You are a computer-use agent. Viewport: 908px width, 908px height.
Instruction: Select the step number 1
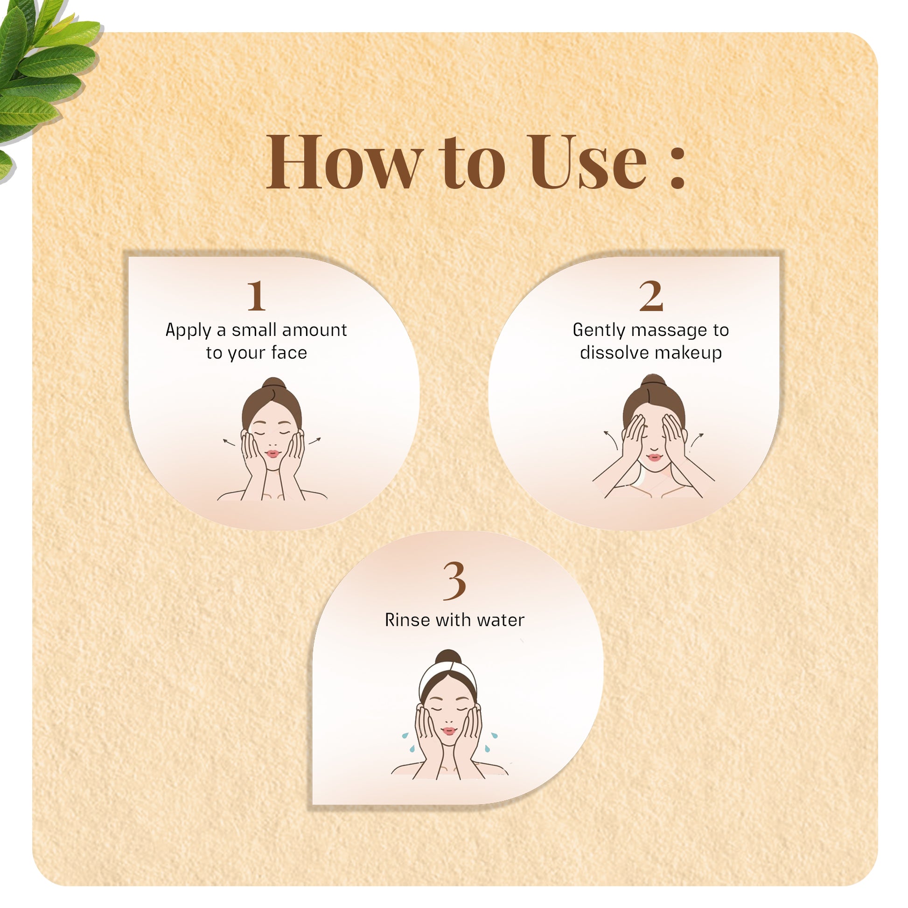click(257, 296)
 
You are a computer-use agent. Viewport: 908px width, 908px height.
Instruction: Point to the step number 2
click(651, 296)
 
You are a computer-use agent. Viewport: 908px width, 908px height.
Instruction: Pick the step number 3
click(454, 581)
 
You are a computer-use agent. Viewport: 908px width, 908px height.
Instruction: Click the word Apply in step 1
click(188, 330)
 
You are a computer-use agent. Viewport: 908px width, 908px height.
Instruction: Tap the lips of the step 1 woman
click(272, 454)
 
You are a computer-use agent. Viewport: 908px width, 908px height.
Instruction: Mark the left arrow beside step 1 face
click(229, 441)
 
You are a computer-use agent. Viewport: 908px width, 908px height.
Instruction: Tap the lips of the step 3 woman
click(449, 731)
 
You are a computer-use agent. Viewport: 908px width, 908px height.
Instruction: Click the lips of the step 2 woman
click(654, 457)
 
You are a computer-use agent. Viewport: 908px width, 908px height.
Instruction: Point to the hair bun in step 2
click(654, 381)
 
